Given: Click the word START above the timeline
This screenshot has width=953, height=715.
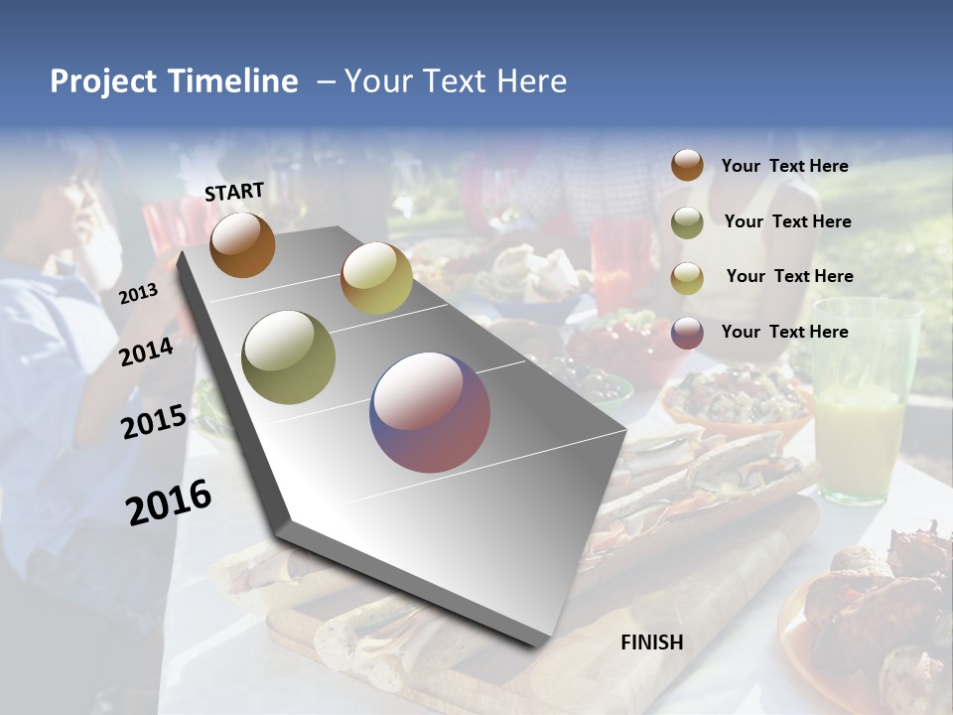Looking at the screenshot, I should tap(234, 192).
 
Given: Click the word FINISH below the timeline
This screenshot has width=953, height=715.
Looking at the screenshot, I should tap(652, 643).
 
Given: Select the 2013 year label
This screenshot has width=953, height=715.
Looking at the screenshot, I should tap(138, 293).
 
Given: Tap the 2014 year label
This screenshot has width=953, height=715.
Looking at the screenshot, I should tap(147, 352).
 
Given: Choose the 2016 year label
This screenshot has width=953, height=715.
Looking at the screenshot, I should tap(169, 501).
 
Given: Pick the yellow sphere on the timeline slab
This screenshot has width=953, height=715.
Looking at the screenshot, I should tap(376, 278).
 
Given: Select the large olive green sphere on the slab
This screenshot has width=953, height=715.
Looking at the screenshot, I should tap(289, 357).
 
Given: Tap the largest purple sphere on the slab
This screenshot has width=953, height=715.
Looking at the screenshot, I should tap(430, 412).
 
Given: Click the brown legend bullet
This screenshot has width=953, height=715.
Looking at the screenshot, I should tap(687, 166).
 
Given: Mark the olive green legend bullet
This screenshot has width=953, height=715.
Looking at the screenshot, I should tap(687, 222).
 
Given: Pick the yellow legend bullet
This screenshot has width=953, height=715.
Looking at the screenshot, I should tap(687, 278).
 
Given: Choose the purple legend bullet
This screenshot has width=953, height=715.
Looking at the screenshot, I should tap(687, 333).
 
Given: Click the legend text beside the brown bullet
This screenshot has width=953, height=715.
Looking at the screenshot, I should tap(784, 167).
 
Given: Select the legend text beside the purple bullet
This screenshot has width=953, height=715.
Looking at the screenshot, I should tap(784, 332).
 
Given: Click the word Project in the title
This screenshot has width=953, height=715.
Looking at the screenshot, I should tap(103, 81).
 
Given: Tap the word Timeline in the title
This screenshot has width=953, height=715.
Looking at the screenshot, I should tap(234, 81).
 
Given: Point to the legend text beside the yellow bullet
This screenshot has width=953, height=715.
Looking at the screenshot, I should tap(789, 276).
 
